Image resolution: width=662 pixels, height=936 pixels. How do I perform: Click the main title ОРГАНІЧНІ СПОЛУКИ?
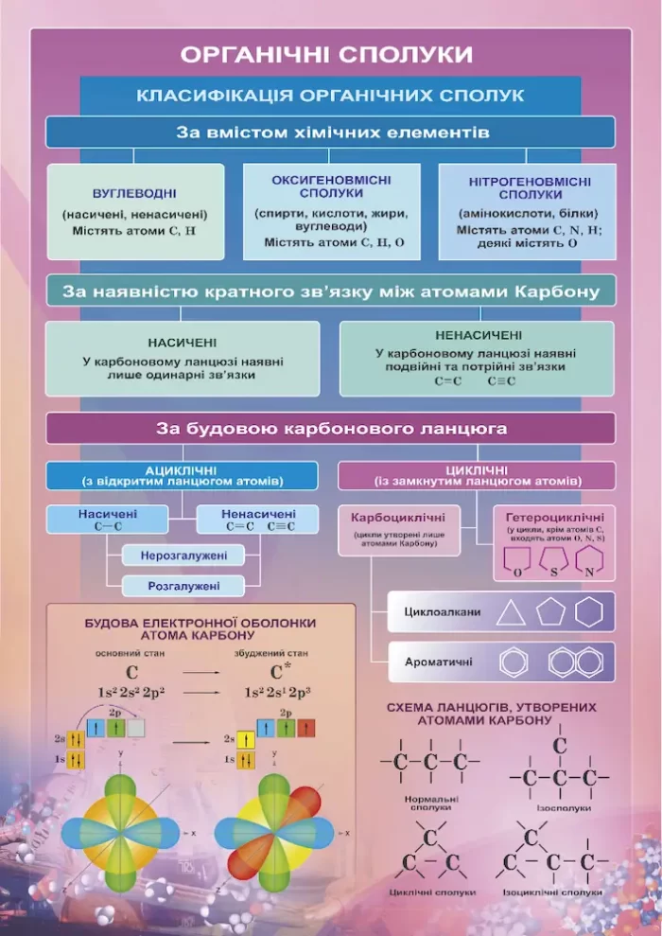pyautogui.click(x=326, y=54)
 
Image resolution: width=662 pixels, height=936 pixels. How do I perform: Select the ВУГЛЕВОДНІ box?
pyautogui.click(x=135, y=212)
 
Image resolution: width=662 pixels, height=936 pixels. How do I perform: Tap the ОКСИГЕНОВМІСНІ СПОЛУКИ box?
pyautogui.click(x=330, y=211)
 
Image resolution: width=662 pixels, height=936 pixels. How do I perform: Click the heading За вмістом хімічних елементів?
pyautogui.click(x=330, y=132)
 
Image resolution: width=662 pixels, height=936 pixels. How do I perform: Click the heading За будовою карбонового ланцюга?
pyautogui.click(x=330, y=429)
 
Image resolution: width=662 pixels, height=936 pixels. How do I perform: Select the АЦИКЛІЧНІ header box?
pyautogui.click(x=181, y=474)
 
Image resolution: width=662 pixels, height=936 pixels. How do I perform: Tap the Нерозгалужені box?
pyautogui.click(x=182, y=555)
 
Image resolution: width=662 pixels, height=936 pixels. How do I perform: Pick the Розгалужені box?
pyautogui.click(x=183, y=587)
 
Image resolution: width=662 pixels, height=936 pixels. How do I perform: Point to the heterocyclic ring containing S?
pyautogui.click(x=552, y=565)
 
